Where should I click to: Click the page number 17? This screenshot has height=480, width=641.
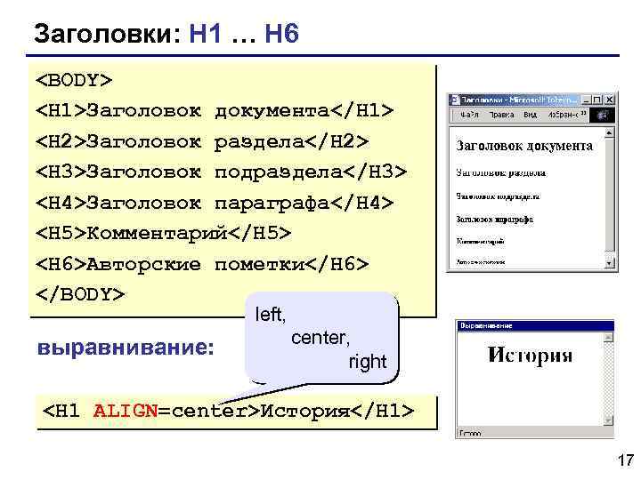(x=624, y=460)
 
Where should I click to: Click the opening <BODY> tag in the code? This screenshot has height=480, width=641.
(x=74, y=81)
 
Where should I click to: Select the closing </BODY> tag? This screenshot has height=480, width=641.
(x=80, y=293)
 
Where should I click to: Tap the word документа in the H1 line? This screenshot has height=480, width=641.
(x=272, y=111)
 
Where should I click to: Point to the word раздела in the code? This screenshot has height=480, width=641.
(x=258, y=141)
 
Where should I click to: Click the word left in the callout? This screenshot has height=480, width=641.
(x=270, y=314)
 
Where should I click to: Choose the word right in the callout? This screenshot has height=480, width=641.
(x=367, y=362)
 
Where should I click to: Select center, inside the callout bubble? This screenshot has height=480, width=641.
(x=320, y=338)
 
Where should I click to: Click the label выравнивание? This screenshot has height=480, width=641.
(x=126, y=347)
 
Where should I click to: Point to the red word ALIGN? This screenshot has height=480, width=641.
(x=125, y=412)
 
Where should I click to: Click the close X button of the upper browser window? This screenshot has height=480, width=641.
(x=611, y=100)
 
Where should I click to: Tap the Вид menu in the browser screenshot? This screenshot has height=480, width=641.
(x=529, y=115)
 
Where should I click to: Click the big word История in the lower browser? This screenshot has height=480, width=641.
(x=530, y=356)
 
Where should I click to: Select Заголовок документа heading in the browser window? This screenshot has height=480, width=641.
(x=523, y=146)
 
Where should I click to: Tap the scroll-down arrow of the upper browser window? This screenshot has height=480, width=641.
(x=611, y=262)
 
